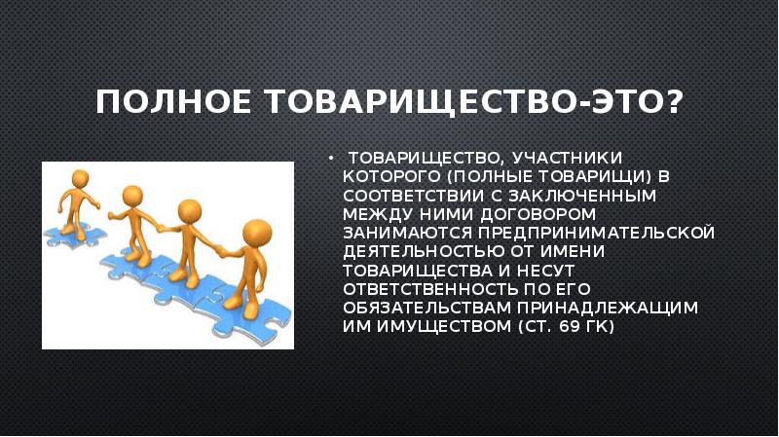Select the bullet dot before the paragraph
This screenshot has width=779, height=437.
click(331, 157)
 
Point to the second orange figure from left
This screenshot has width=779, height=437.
click(132, 214)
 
